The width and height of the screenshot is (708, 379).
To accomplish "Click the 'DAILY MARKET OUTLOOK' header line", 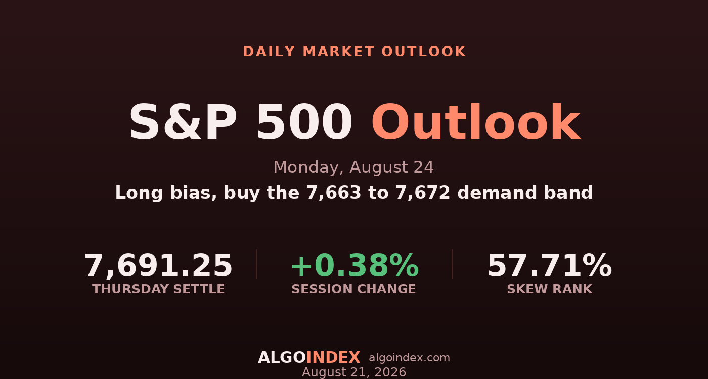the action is pyautogui.click(x=354, y=52).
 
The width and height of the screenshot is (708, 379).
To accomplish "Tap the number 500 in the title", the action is pyautogui.click(x=304, y=122).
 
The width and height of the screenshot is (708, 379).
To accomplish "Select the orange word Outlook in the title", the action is pyautogui.click(x=476, y=122).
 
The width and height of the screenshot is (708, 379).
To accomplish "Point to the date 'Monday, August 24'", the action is pyautogui.click(x=353, y=167).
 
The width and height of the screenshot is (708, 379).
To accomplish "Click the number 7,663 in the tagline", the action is pyautogui.click(x=334, y=193).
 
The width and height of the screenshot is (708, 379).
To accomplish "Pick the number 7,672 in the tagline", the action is pyautogui.click(x=423, y=193).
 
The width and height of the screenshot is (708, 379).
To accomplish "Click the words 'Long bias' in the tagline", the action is pyautogui.click(x=166, y=193).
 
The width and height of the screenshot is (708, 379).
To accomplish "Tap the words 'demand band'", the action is pyautogui.click(x=525, y=193).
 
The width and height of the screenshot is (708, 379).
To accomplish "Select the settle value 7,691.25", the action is pyautogui.click(x=158, y=266).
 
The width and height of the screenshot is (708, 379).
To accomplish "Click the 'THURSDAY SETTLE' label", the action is pyautogui.click(x=158, y=289).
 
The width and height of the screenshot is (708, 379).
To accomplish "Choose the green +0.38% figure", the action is pyautogui.click(x=355, y=265).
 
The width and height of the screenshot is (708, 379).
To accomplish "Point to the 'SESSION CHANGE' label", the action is pyautogui.click(x=353, y=289).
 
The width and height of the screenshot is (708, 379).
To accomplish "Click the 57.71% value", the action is pyautogui.click(x=550, y=265).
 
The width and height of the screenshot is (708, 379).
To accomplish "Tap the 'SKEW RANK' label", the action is pyautogui.click(x=550, y=289).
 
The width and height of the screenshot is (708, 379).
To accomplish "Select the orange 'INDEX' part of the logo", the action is pyautogui.click(x=333, y=358).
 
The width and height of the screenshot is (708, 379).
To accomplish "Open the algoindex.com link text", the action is pyautogui.click(x=409, y=358).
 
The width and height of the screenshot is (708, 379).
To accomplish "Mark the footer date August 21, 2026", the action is pyautogui.click(x=354, y=372).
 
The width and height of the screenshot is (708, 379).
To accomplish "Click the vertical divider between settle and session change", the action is pyautogui.click(x=256, y=264).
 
